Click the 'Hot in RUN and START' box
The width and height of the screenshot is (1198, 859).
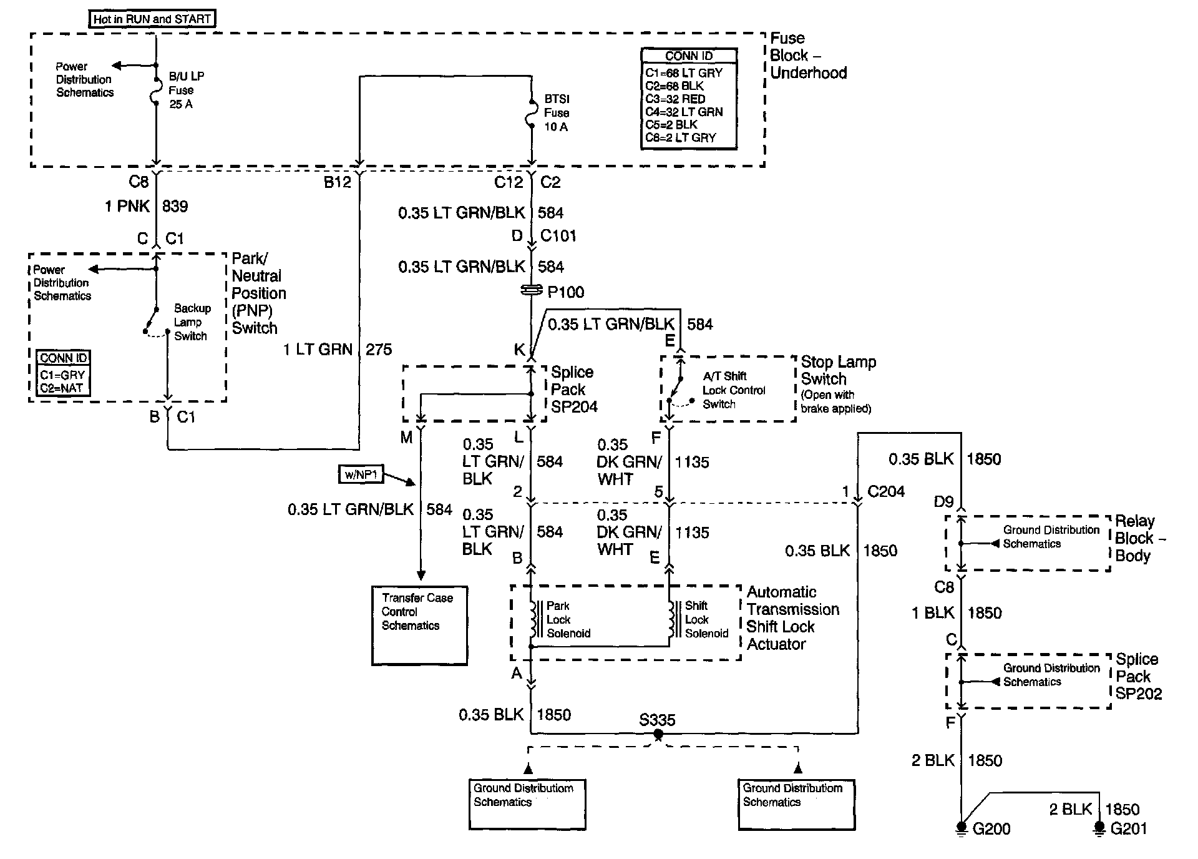(x=152, y=19)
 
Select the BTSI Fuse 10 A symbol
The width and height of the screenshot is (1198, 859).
(x=531, y=113)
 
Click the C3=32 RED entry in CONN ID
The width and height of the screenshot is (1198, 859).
(x=676, y=99)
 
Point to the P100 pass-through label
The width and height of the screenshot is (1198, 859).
(x=565, y=292)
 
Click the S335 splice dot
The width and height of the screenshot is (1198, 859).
(x=658, y=735)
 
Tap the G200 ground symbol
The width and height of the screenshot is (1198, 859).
(x=962, y=827)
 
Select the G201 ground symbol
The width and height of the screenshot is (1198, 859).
(x=1099, y=827)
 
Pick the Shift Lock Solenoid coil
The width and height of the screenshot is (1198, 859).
(x=671, y=619)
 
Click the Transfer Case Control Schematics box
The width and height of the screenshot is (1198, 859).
(x=419, y=625)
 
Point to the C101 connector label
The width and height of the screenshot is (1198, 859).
(x=558, y=236)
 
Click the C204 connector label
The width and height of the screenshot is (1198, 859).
(x=886, y=491)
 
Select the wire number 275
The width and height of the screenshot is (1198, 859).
(x=379, y=350)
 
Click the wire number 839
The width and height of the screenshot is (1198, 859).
(x=175, y=207)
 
